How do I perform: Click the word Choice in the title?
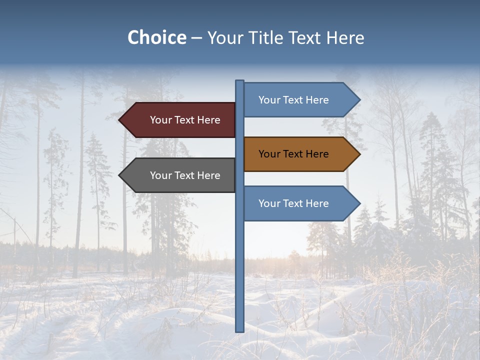click(x=156, y=38)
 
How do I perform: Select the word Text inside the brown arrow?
click(x=293, y=154)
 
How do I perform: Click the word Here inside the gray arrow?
click(x=209, y=175)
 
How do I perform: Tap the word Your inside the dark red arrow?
click(x=160, y=120)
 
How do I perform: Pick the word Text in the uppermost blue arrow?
click(x=293, y=100)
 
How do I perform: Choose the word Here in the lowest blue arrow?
click(x=317, y=203)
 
